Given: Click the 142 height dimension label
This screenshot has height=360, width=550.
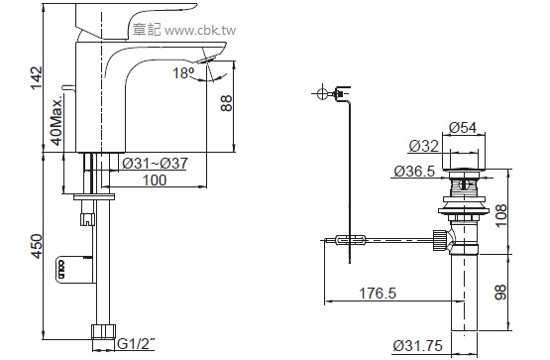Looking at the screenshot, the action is coord(37,78).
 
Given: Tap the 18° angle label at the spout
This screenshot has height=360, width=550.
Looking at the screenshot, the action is coord(183,73).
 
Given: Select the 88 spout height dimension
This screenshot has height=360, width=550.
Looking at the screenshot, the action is coord(226,103).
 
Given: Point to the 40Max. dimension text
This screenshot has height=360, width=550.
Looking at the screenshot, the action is coord(56,120).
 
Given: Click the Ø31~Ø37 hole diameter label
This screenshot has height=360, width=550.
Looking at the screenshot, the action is coord(155,164).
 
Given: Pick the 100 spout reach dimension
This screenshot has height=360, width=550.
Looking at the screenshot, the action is coord(155,180).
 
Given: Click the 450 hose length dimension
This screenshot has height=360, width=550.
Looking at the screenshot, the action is coord(36,246).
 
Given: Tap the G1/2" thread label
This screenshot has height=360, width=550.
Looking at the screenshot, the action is coord(136,344).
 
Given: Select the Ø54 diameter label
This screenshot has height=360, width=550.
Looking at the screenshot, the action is coord(463,127).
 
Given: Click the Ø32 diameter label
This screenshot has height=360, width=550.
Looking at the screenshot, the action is coord(424,146).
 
